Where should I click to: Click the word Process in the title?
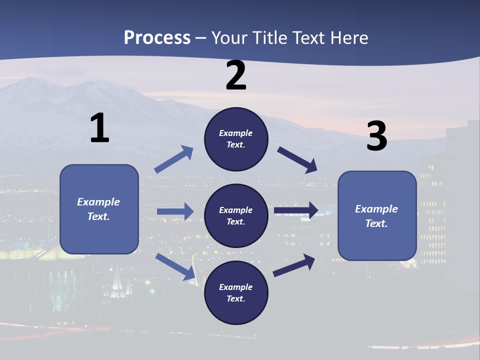point(157,38)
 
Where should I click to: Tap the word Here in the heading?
point(348,38)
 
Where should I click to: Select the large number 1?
point(99,128)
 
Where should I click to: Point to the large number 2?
point(236,75)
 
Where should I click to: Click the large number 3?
point(376,136)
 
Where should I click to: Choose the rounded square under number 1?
point(99,209)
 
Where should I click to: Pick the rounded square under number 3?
point(377,215)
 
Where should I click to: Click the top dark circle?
point(236,139)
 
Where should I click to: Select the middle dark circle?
point(236,215)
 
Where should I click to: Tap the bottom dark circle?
point(236,292)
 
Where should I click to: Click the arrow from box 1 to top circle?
point(174,159)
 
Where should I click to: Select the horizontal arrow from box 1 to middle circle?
point(175,211)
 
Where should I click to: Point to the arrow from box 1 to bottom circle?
point(175,266)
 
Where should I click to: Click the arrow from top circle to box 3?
point(297,160)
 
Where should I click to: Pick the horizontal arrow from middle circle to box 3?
point(296,210)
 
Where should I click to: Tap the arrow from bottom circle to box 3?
point(294,265)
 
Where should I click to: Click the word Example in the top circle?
point(235,133)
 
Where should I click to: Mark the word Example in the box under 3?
point(376,209)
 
